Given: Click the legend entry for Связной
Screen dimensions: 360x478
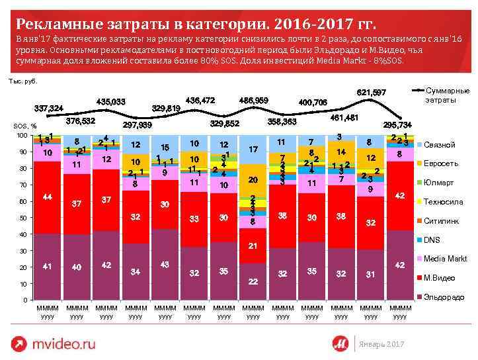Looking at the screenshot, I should tap(438, 145).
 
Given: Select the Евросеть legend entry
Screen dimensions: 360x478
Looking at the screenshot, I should tap(440, 163).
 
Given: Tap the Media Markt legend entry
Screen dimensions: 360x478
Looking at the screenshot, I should tap(445, 258).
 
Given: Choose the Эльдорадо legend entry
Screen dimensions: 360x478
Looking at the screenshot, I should tap(443, 297).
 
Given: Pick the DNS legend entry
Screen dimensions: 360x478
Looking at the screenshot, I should tap(431, 240).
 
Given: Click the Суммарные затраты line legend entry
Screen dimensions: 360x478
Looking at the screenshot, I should tap(446, 95).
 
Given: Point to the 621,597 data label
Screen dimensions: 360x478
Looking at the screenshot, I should tap(371, 93).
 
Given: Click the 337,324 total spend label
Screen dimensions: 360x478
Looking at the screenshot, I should tap(49, 108).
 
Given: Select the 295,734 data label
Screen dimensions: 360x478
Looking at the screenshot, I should tap(397, 124).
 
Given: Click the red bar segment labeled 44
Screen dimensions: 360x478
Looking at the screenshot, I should tap(48, 197).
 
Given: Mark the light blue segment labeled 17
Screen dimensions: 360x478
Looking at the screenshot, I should tap(253, 150).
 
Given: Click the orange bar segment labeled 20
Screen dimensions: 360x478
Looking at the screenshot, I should tap(253, 180).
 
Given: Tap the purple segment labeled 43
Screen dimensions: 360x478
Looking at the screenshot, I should tap(165, 265).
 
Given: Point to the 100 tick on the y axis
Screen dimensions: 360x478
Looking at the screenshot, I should tap(22, 136).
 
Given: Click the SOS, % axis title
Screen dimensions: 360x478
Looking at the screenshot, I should tap(25, 126).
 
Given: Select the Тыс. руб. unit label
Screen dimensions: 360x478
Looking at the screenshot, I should tap(23, 81).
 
